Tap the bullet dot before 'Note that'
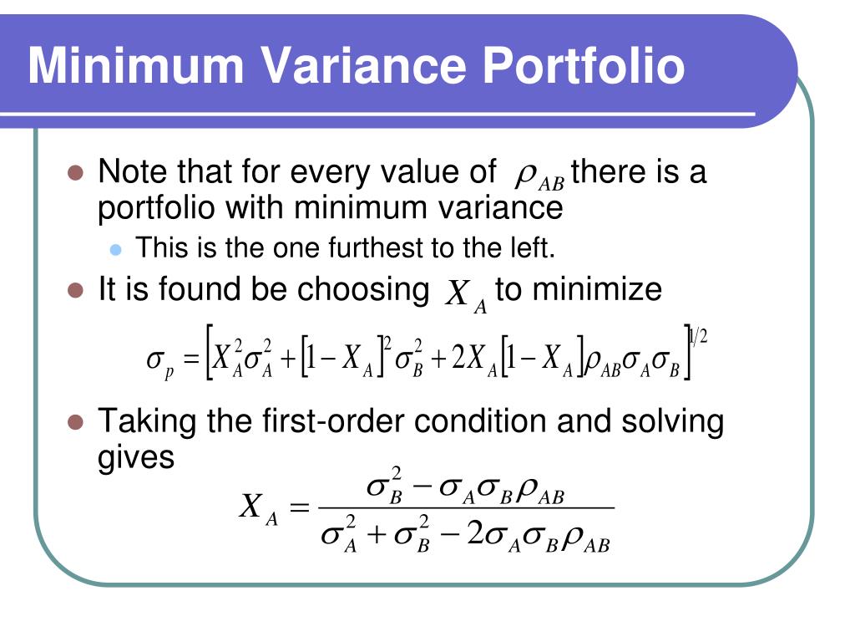point(76,174)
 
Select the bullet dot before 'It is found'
point(76,290)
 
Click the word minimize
point(597,289)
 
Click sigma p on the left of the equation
point(159,361)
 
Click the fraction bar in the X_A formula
point(467,507)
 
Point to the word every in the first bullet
point(326,173)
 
